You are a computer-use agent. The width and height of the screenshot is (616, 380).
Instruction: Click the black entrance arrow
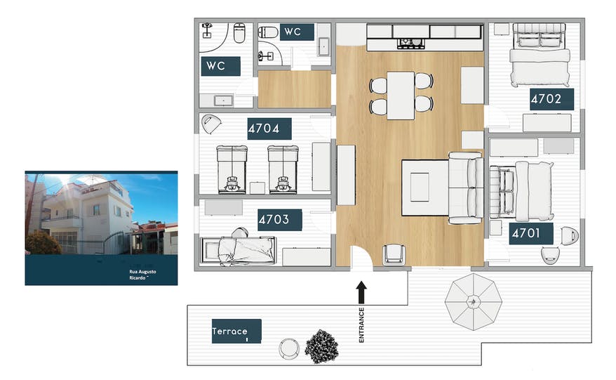click(x=361, y=291)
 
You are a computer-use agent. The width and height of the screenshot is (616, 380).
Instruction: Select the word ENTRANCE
click(x=361, y=325)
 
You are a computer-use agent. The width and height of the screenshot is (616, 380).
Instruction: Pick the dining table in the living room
click(x=401, y=95)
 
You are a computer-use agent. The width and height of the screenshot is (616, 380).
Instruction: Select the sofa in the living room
click(x=464, y=188)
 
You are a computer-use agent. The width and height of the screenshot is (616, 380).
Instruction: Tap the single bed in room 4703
click(x=237, y=247)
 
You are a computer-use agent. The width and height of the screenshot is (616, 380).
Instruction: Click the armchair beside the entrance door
click(x=395, y=254)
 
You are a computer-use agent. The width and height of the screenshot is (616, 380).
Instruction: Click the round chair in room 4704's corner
click(x=211, y=125)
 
